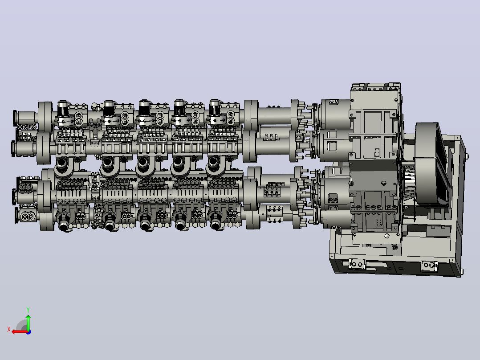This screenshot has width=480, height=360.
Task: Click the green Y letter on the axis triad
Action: click(x=28, y=310)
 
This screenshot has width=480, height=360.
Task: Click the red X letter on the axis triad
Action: click(x=9, y=329)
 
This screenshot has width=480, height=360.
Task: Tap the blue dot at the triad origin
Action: click(x=28, y=332)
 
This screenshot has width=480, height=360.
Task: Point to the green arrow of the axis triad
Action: click(x=28, y=323)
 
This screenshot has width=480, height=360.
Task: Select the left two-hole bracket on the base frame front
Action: click(x=357, y=264)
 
